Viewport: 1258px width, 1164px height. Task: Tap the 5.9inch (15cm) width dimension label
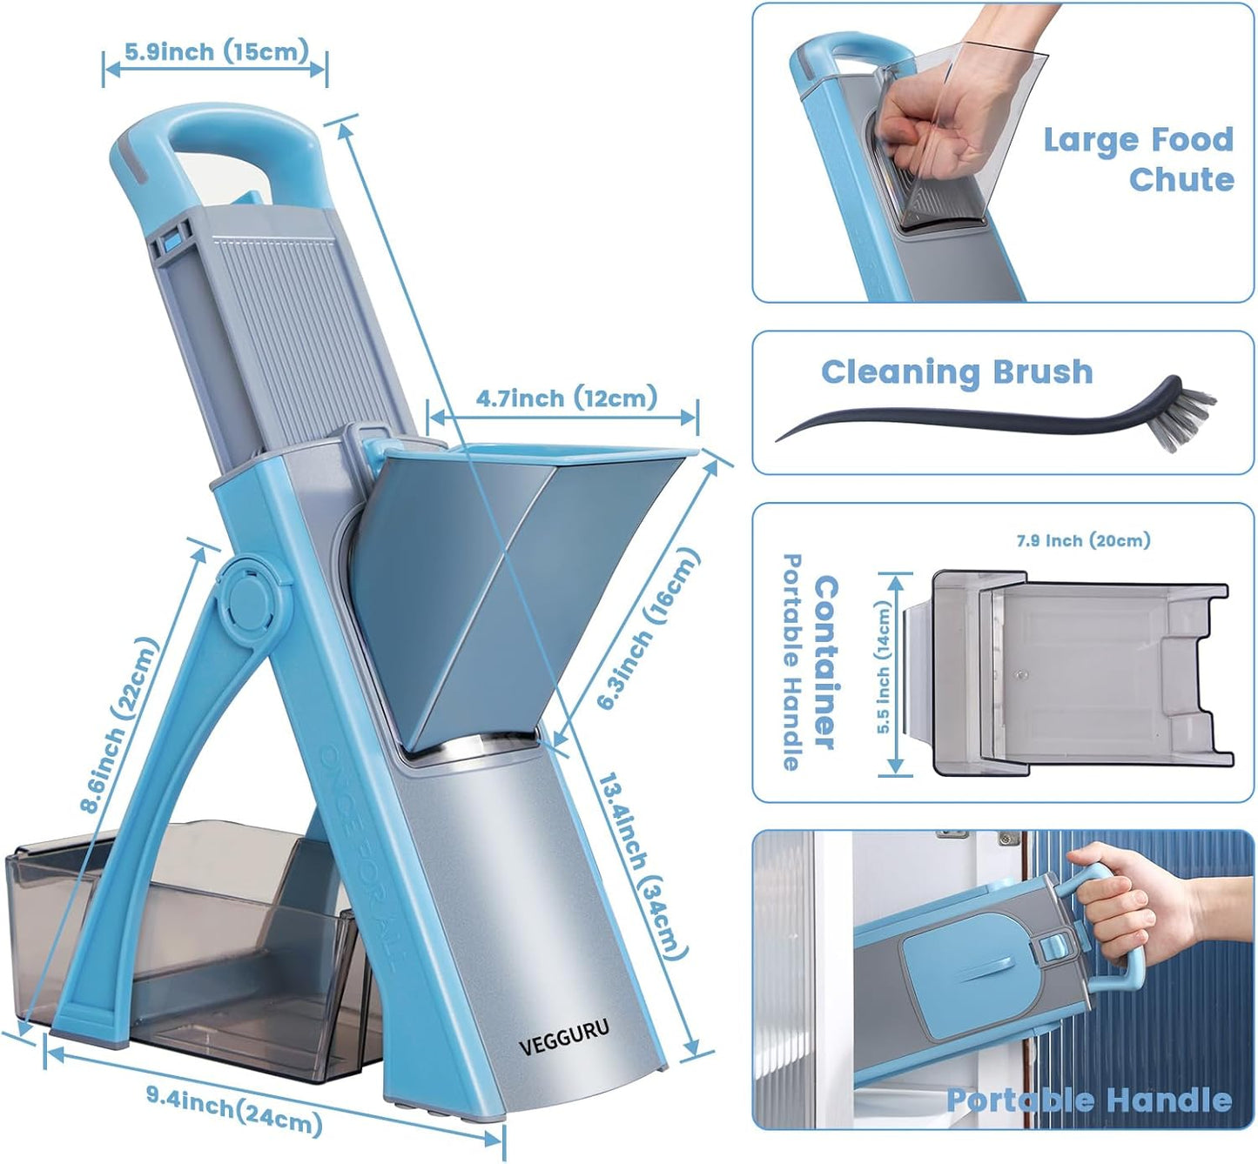pos(216,51)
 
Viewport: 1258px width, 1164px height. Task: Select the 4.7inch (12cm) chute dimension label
pos(566,398)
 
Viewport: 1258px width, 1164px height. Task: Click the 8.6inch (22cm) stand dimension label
pos(120,725)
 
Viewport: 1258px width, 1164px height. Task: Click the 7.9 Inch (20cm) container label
pos(1083,540)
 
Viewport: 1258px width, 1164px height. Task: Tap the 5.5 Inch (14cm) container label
pos(884,668)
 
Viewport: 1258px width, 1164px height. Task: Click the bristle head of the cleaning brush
pos(1185,416)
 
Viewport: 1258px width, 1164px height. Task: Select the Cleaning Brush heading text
pos(956,372)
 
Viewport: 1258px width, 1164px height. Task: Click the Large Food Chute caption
pos(1139,159)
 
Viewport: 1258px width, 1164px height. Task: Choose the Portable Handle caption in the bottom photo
pos(1088,1100)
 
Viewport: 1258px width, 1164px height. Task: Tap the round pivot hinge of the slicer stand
pos(249,599)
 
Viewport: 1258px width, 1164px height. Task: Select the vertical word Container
pos(824,661)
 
